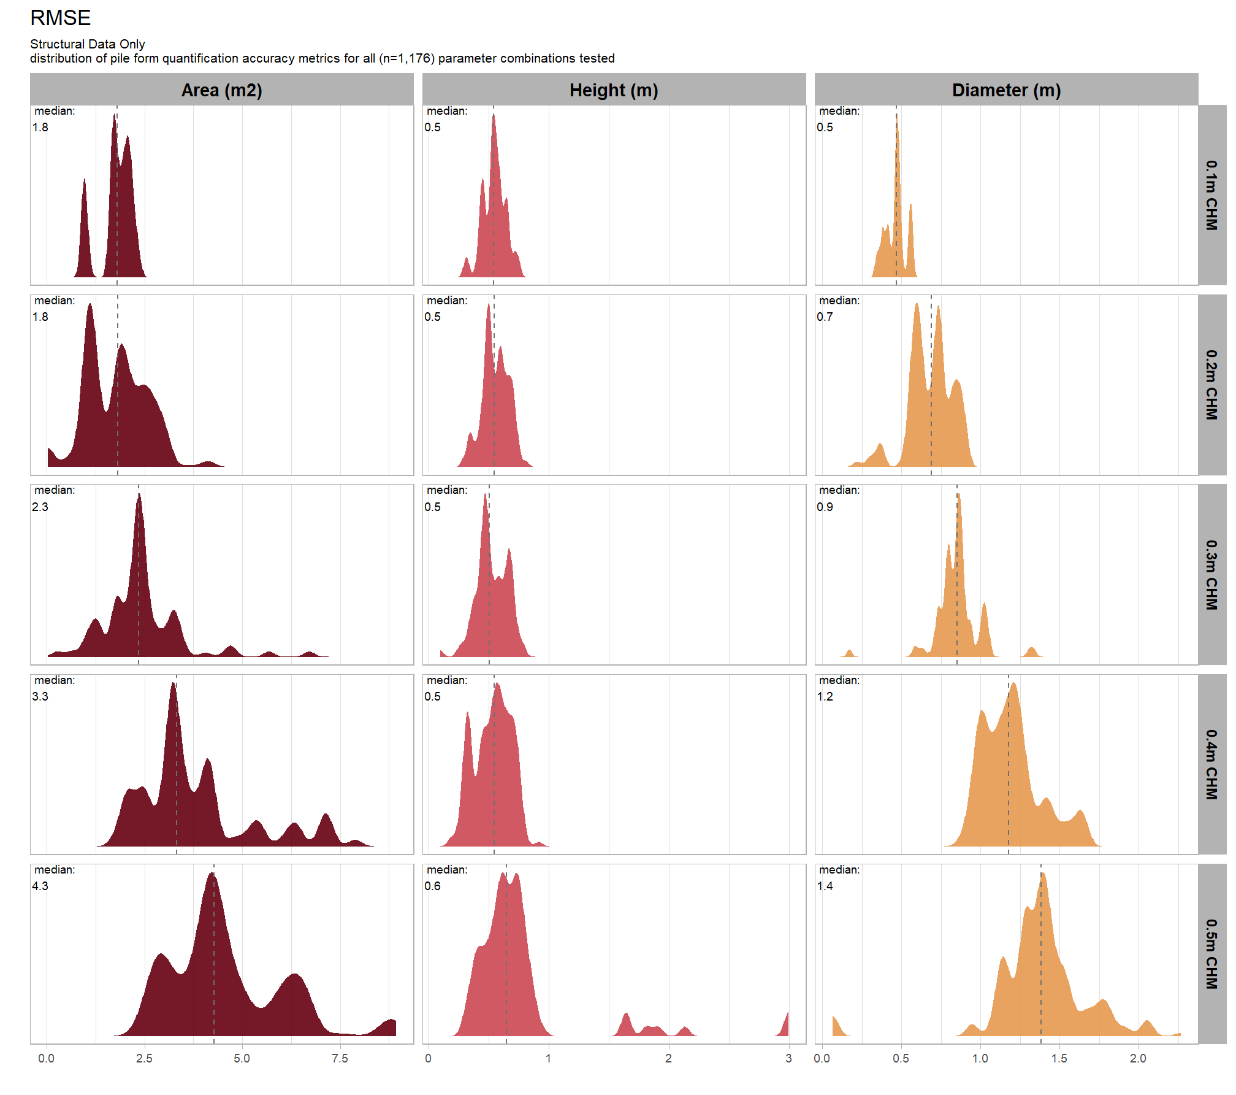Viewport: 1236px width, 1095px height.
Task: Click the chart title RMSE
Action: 60,18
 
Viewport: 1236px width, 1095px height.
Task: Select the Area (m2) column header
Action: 221,90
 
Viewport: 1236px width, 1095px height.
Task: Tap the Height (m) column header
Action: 614,90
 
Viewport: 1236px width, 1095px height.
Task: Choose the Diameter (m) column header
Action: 1006,90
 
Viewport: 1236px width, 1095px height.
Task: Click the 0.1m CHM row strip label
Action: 1211,195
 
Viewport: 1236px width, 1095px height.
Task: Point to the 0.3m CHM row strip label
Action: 1211,575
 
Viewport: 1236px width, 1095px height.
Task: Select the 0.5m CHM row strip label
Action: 1211,954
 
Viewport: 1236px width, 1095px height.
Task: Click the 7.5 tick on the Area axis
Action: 340,1058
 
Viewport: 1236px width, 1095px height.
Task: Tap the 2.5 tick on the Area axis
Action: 144,1058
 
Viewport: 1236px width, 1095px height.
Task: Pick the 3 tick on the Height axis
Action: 788,1058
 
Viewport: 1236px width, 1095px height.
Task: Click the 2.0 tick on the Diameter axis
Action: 1138,1058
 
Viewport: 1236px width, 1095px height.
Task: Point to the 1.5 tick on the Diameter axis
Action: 1059,1058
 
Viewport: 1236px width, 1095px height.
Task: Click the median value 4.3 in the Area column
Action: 40,886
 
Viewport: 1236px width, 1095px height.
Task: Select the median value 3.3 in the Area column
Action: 40,696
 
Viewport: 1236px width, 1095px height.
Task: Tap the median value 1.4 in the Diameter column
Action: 825,886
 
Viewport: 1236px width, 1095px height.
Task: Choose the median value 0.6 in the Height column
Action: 432,886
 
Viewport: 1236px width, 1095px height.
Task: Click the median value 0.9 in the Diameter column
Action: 825,507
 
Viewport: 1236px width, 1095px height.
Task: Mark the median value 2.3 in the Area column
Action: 40,507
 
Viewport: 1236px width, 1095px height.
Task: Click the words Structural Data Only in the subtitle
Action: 88,44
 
